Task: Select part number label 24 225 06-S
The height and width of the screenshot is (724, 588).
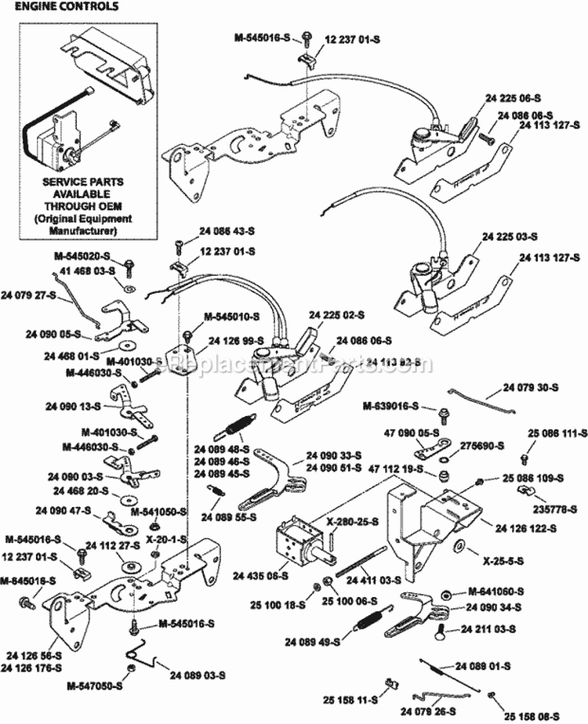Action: point(514,99)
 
